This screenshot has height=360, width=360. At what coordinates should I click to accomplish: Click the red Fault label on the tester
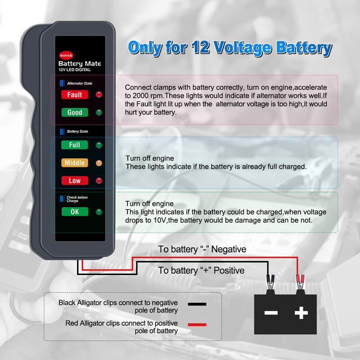point(74,94)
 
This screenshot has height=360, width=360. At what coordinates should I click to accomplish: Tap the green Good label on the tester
point(74,112)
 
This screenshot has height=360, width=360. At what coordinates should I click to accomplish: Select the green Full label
point(74,145)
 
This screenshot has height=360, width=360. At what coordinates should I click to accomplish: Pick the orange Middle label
point(74,162)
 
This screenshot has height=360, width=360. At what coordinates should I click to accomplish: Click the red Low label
point(74,180)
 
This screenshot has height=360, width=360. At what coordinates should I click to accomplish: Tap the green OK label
point(74,212)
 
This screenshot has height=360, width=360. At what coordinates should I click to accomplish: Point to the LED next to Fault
point(99,94)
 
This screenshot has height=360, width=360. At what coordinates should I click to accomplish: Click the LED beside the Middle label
point(99,163)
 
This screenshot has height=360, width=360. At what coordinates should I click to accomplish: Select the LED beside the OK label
point(99,212)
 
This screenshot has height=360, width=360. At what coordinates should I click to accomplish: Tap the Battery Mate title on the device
point(80,64)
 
